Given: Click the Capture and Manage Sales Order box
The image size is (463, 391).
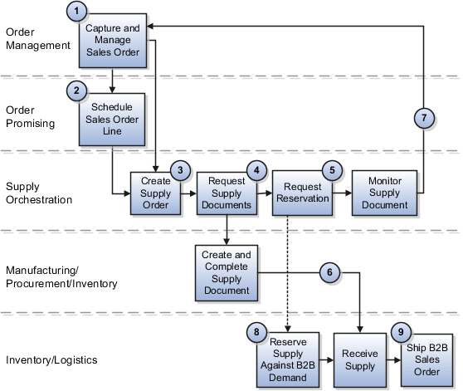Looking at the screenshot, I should tap(113, 42).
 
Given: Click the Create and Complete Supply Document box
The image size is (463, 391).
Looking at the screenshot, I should tap(226, 272).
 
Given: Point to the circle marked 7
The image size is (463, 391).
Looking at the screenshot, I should tap(424, 118).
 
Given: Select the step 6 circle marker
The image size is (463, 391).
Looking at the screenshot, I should tap(329, 272).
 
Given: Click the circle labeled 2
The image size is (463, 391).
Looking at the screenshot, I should tap(76, 90).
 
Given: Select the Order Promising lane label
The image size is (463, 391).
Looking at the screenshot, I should tap(30, 117).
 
